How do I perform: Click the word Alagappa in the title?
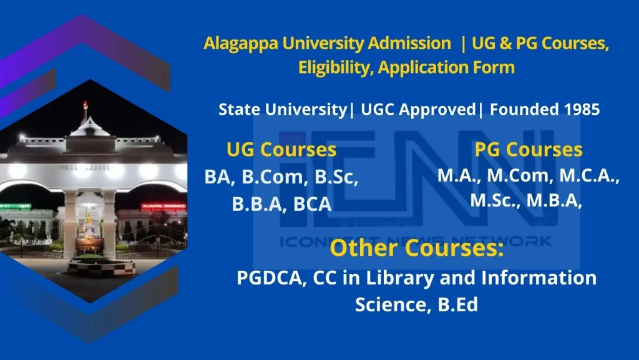[240, 44]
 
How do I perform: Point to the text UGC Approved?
[418, 110]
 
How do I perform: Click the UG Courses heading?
[281, 150]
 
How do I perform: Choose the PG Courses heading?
[528, 150]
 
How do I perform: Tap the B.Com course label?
[275, 177]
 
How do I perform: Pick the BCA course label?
[312, 204]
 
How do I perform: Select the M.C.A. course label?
[589, 176]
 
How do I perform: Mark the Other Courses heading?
[416, 248]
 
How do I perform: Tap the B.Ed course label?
[457, 304]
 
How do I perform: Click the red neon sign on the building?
[163, 207]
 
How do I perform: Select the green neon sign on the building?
[16, 207]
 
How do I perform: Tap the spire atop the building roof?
[85, 111]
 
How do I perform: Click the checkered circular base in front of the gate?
[102, 267]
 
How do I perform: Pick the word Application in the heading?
[422, 68]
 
